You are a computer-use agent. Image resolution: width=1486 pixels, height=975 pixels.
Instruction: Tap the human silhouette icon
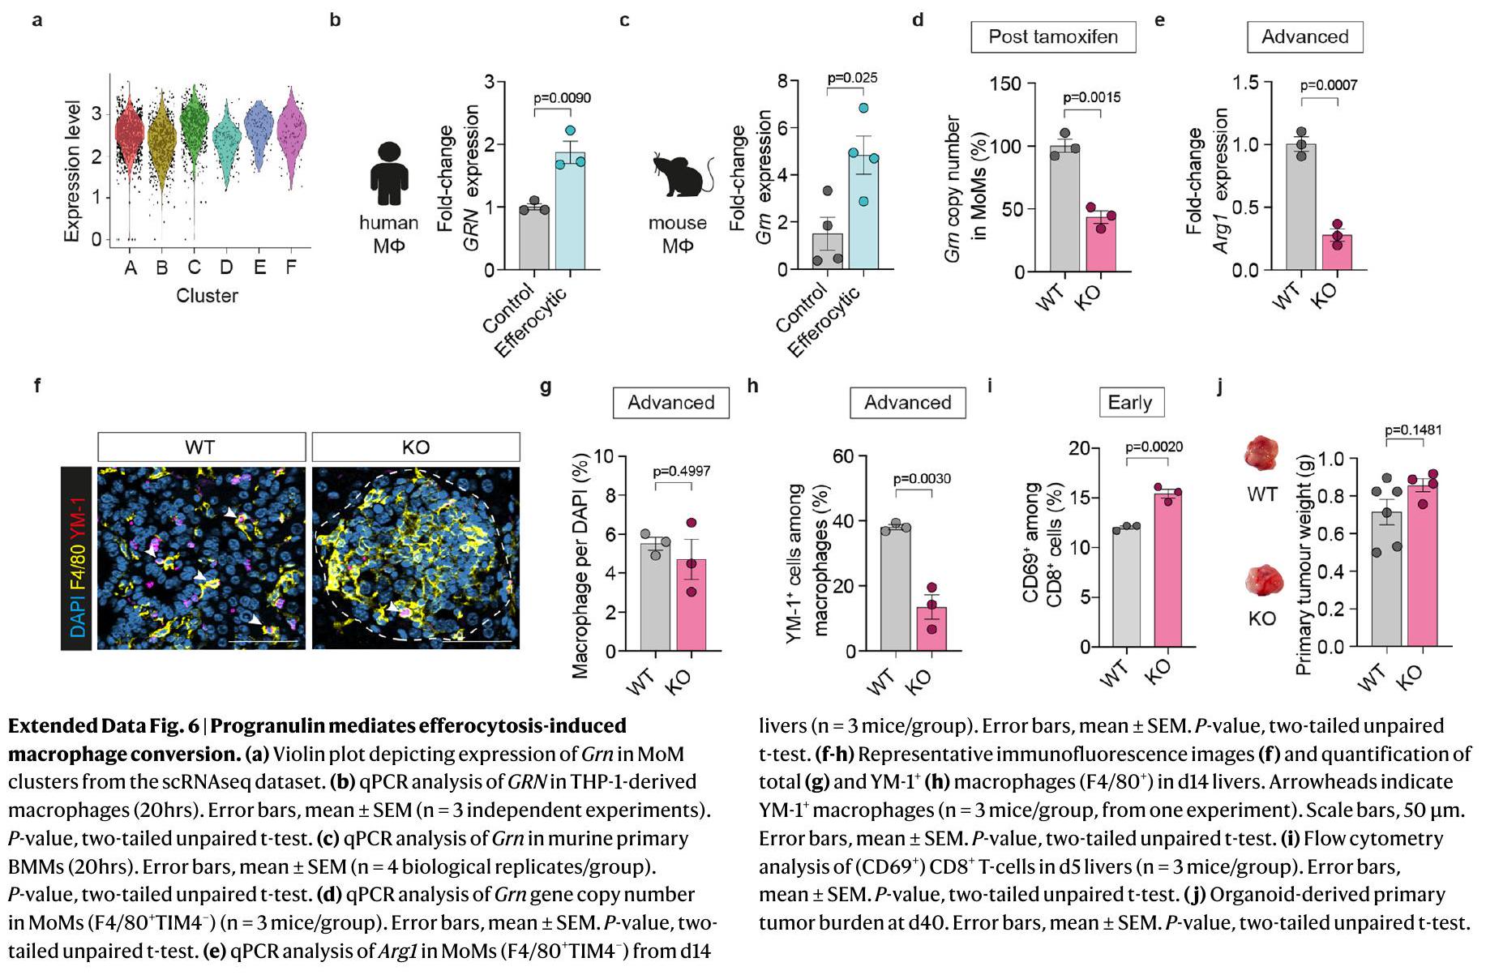(389, 173)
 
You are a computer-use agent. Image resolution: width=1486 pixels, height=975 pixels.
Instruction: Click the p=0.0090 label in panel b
(562, 98)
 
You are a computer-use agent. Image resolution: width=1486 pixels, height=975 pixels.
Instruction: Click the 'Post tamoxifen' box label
(1053, 37)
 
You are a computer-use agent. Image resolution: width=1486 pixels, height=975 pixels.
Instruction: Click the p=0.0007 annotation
(1329, 85)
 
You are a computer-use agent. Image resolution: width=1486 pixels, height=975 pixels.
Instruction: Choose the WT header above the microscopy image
(201, 447)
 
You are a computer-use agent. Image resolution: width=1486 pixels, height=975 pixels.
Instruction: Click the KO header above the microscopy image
(415, 447)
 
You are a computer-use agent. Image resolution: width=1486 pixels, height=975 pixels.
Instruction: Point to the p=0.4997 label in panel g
(683, 471)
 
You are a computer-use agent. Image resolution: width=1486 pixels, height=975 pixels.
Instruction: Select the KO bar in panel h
(931, 629)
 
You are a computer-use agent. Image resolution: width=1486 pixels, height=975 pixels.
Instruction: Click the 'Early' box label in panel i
(1129, 403)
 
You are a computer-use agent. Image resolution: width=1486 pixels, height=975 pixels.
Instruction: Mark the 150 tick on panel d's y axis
(1005, 83)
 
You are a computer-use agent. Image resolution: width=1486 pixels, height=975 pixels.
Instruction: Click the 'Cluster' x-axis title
(208, 296)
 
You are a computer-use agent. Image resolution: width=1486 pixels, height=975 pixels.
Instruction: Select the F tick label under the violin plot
(291, 267)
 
